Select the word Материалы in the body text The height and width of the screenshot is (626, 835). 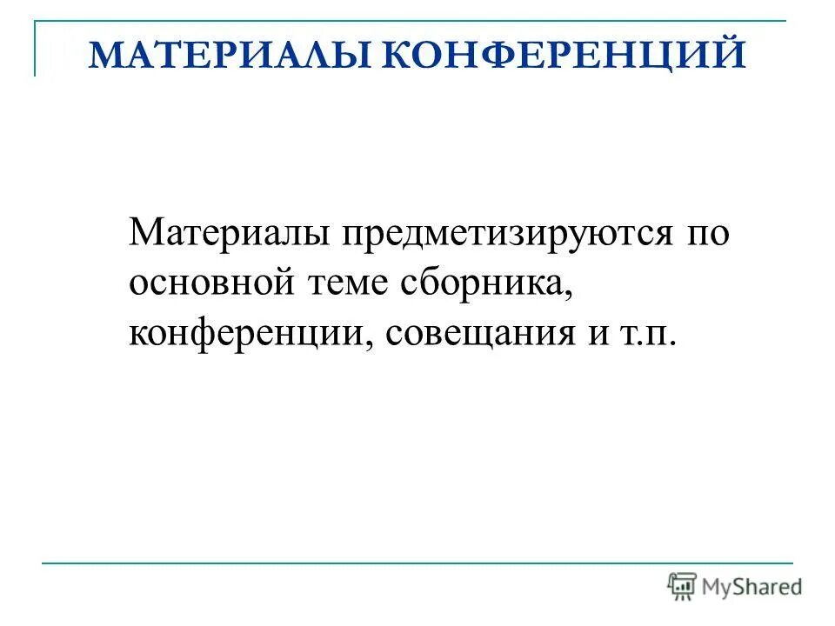point(227,234)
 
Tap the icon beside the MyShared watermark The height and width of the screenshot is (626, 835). point(683,586)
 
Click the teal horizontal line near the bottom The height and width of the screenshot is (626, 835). point(417,563)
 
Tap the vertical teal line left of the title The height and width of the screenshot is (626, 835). point(36,49)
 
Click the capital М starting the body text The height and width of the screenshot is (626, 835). point(144,234)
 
